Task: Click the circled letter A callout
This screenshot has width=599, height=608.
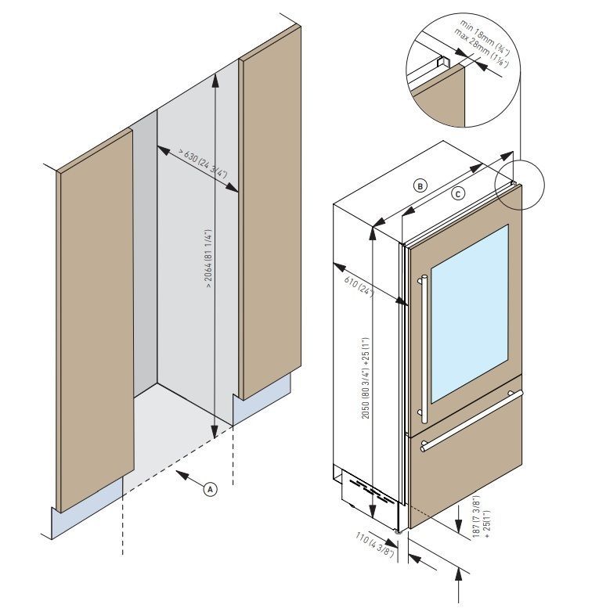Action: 210,487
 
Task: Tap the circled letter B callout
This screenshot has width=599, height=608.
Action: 420,185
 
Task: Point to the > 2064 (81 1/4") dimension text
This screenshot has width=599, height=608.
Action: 209,259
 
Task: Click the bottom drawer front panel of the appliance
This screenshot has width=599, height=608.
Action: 462,477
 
